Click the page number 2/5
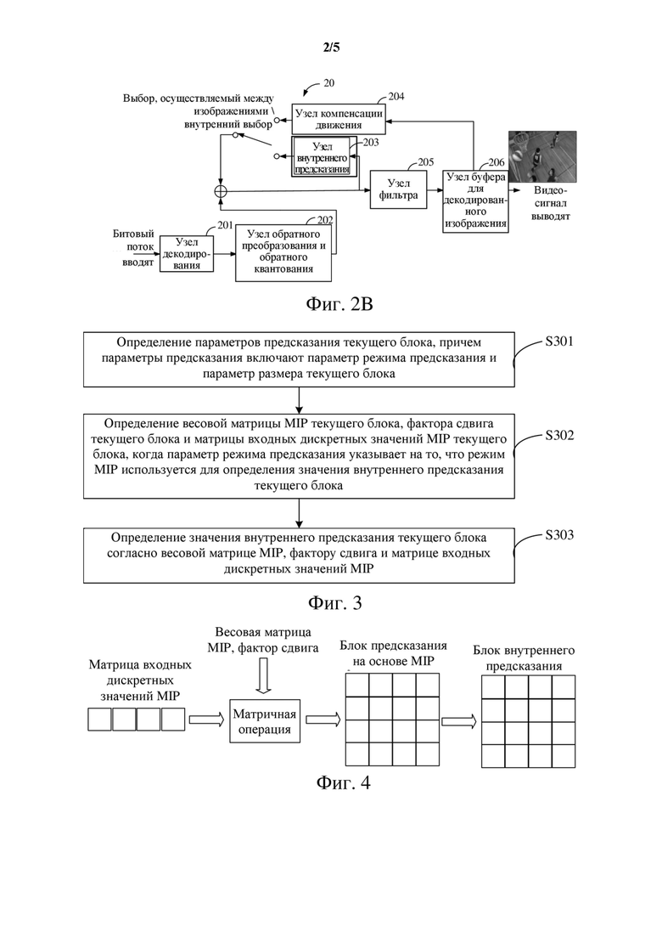(x=331, y=48)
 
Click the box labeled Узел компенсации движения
(x=339, y=119)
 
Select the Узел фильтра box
(x=398, y=189)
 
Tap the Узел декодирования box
(x=187, y=254)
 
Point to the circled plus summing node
(x=221, y=191)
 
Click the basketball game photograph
(x=542, y=156)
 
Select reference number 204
(x=396, y=96)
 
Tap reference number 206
(x=496, y=162)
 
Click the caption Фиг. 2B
(x=339, y=304)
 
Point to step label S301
(x=558, y=341)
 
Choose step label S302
(x=558, y=435)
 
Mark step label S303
(x=558, y=534)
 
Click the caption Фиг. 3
(x=335, y=602)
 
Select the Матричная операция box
(x=265, y=721)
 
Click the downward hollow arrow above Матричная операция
(x=262, y=676)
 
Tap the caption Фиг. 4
(x=343, y=782)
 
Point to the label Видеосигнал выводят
(x=550, y=203)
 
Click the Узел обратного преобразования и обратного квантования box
(x=283, y=253)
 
